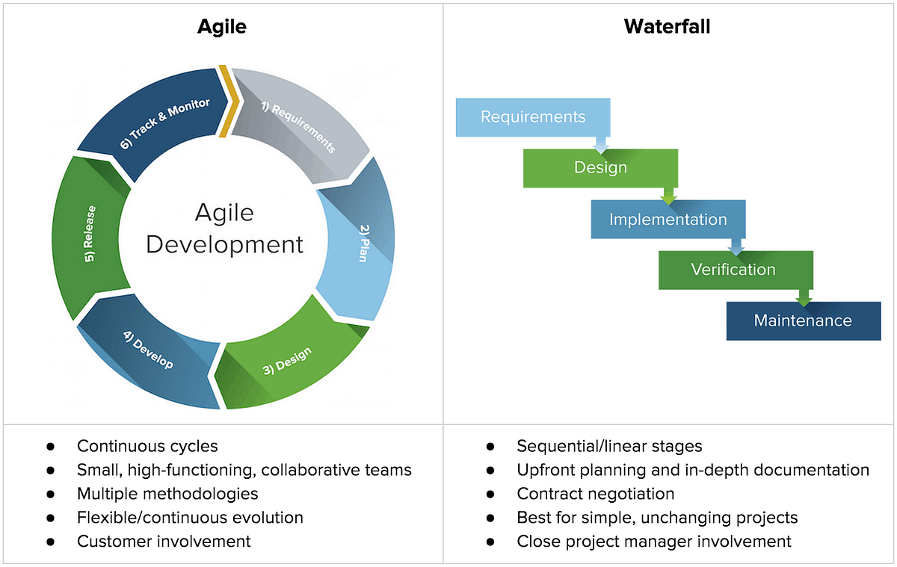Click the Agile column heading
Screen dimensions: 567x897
tap(221, 27)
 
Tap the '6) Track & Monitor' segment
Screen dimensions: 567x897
tap(167, 121)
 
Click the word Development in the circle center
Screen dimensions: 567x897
tap(224, 244)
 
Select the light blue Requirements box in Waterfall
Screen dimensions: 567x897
tap(533, 117)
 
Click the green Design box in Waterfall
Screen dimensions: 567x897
tap(600, 167)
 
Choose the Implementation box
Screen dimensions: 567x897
tap(668, 219)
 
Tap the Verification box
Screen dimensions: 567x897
tap(733, 270)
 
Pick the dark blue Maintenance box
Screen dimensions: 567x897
tap(803, 320)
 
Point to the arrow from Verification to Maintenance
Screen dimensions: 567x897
tap(804, 297)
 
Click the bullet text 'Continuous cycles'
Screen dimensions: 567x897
tap(147, 446)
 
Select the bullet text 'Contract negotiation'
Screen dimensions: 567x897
tap(595, 494)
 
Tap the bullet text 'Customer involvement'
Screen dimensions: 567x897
tap(164, 541)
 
